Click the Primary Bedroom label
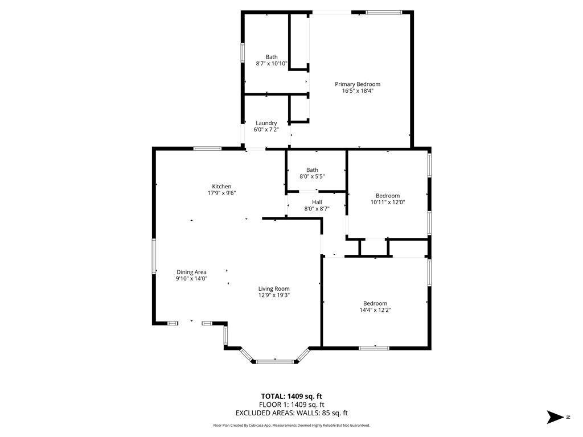pyautogui.click(x=358, y=84)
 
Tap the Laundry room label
pyautogui.click(x=266, y=123)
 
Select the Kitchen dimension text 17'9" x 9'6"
pyautogui.click(x=221, y=193)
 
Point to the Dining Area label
pyautogui.click(x=191, y=272)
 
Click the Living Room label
pyautogui.click(x=274, y=288)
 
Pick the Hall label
pyautogui.click(x=317, y=202)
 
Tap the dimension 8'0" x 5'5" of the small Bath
pyautogui.click(x=313, y=176)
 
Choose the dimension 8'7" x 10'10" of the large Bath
pyautogui.click(x=272, y=64)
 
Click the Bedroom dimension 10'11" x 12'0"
pyautogui.click(x=388, y=202)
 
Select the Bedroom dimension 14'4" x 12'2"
pyautogui.click(x=375, y=310)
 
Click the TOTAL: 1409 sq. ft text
pyautogui.click(x=291, y=396)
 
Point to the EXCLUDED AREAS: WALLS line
pyautogui.click(x=291, y=413)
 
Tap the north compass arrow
pyautogui.click(x=555, y=417)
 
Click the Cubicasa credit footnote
pyautogui.click(x=291, y=425)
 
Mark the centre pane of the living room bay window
pyautogui.click(x=275, y=361)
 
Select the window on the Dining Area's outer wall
pyautogui.click(x=154, y=257)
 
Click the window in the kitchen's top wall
pyautogui.click(x=207, y=149)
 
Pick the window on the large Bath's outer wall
pyautogui.click(x=243, y=53)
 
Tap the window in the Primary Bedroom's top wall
pyautogui.click(x=384, y=13)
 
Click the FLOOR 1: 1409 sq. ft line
pyautogui.click(x=291, y=405)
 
